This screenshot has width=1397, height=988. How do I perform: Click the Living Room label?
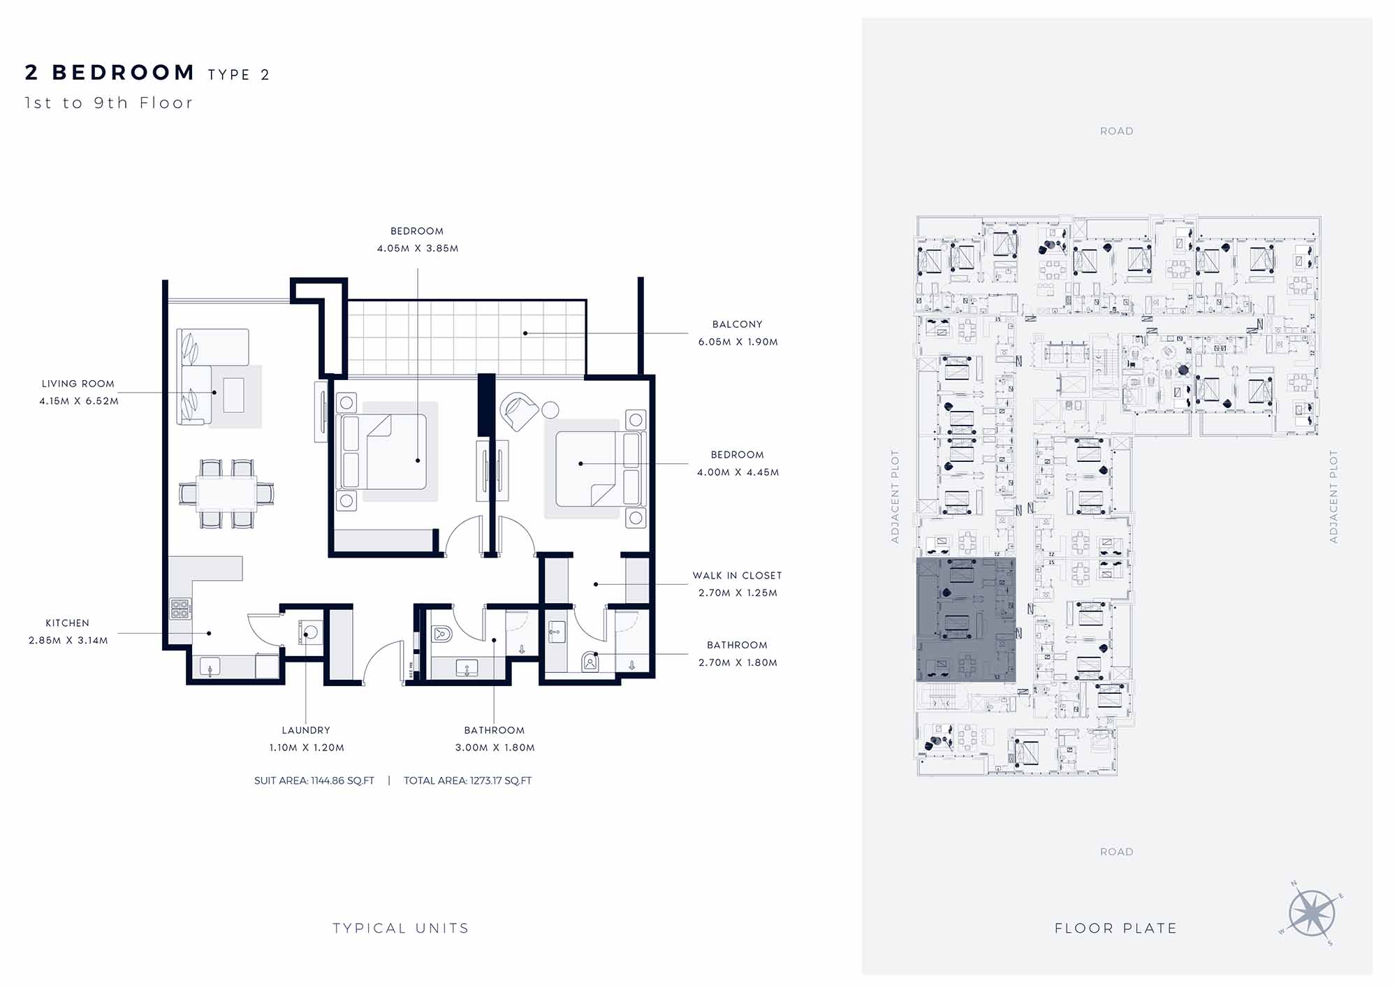tap(78, 384)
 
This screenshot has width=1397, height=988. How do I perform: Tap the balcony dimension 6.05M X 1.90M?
tap(738, 342)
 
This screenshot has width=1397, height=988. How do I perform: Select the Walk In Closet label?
tap(737, 576)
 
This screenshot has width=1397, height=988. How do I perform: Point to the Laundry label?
tap(306, 730)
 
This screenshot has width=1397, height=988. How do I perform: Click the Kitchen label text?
tap(68, 623)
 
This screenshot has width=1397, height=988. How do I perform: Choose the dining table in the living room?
tap(226, 493)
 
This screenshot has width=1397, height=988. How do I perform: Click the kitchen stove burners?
tap(180, 609)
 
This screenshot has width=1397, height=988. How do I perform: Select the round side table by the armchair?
tap(550, 409)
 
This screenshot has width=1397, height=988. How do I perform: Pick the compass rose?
tap(1312, 913)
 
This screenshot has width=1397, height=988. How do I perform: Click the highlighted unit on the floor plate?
tap(966, 620)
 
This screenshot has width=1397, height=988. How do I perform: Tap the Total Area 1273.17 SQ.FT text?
tap(467, 780)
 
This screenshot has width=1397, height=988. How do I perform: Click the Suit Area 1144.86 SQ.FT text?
tap(314, 780)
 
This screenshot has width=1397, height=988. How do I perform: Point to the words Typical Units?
tap(401, 928)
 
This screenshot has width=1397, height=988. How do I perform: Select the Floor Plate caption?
tap(1116, 928)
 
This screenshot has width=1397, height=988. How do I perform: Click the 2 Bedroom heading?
tap(110, 73)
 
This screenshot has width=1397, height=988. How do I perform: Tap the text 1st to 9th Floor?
tap(108, 103)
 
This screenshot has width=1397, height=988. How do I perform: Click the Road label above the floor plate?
tap(1116, 131)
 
